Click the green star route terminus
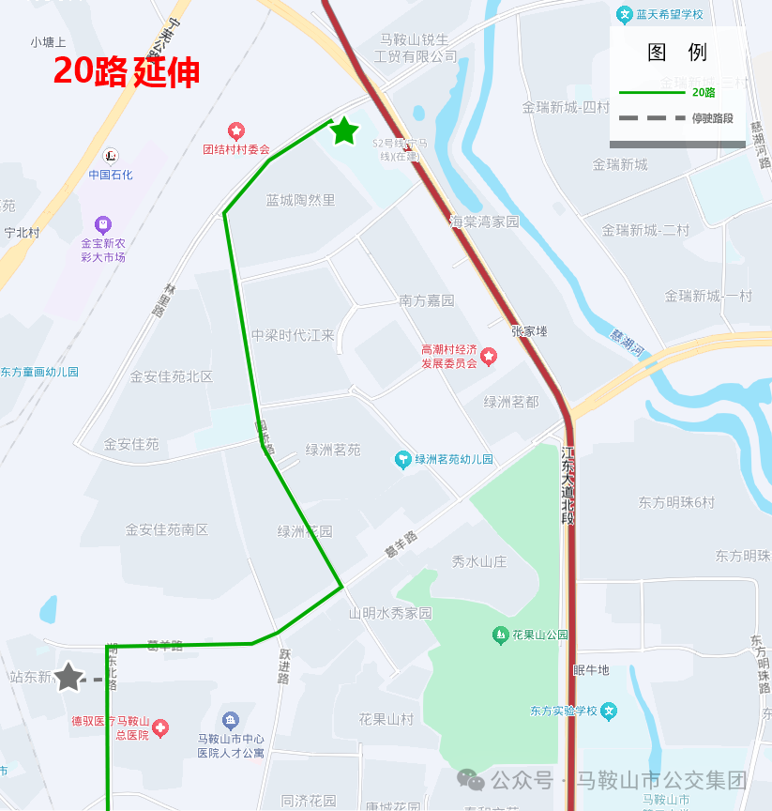(344, 130)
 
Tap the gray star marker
(68, 677)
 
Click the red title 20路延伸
(126, 71)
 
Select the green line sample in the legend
(652, 92)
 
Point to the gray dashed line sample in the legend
(652, 118)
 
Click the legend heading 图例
(677, 53)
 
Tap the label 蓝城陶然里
(300, 200)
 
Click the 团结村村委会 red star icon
(236, 131)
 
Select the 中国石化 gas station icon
(111, 156)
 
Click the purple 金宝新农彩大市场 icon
(102, 224)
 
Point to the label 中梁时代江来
(293, 335)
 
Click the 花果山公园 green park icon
(500, 635)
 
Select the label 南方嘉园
(427, 300)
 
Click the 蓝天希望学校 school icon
(624, 15)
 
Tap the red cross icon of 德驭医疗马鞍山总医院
(160, 728)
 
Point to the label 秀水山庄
(478, 561)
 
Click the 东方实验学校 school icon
(609, 711)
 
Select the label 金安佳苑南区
(167, 529)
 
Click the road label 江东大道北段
(568, 486)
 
